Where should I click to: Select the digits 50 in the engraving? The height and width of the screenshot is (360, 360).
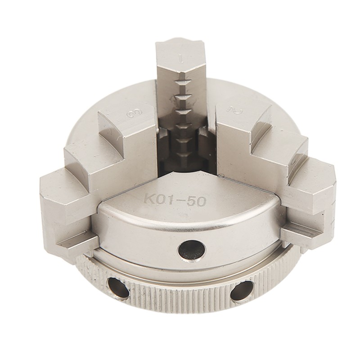pyautogui.click(x=198, y=201)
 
